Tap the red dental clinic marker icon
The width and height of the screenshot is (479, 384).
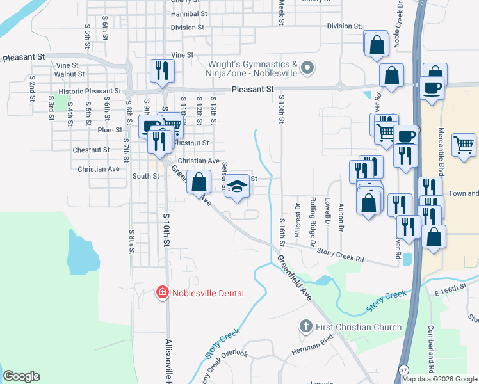[163, 293]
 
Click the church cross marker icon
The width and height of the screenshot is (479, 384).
[307, 327]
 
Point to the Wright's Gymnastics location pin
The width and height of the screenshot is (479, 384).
[308, 68]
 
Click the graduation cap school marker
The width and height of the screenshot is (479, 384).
[237, 187]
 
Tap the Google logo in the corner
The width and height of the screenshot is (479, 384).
[21, 376]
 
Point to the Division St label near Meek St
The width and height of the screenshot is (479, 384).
[344, 26]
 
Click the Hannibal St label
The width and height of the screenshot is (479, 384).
[190, 13]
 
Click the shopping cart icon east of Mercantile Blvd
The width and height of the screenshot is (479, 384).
[464, 144]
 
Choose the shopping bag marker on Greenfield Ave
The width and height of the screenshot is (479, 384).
[199, 182]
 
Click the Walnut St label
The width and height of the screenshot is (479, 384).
[70, 74]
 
